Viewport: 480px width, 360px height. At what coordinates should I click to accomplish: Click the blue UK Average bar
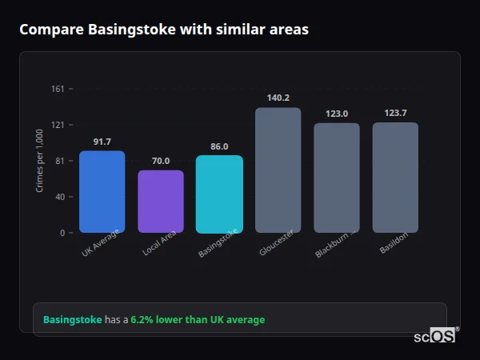tap(102, 192)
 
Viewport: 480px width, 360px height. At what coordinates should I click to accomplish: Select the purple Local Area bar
tap(161, 202)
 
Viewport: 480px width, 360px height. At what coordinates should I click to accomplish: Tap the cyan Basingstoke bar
tap(219, 194)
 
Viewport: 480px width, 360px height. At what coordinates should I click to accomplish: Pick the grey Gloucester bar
tap(278, 170)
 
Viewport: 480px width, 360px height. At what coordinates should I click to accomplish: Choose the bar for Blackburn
tap(337, 178)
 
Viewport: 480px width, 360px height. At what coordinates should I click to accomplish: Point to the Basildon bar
tap(395, 178)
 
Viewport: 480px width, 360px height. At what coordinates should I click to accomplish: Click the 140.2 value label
tap(278, 98)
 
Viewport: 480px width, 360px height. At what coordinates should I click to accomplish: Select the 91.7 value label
tap(102, 142)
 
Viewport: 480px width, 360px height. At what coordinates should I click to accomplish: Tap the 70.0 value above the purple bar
tap(161, 161)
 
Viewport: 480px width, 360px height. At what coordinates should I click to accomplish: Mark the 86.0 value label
tap(219, 146)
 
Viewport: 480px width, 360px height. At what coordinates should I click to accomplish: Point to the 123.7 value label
tap(395, 113)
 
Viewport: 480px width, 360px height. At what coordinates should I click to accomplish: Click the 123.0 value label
tap(337, 114)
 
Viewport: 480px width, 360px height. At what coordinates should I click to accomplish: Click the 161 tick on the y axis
tap(58, 89)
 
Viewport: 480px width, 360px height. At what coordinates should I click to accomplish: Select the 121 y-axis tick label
tap(58, 125)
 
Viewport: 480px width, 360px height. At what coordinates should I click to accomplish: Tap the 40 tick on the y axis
tap(60, 197)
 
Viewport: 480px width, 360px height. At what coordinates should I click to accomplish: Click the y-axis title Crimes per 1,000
tap(40, 161)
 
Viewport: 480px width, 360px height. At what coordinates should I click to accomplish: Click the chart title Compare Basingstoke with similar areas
tap(164, 30)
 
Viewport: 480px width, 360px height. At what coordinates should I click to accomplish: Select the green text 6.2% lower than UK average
tap(198, 320)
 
